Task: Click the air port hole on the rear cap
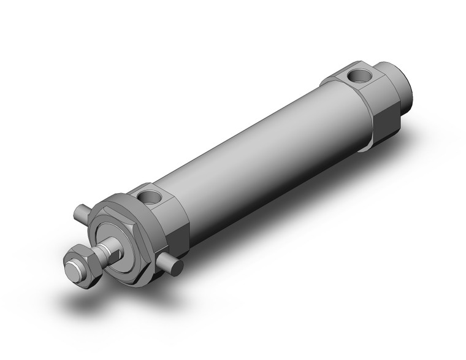(356, 77)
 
